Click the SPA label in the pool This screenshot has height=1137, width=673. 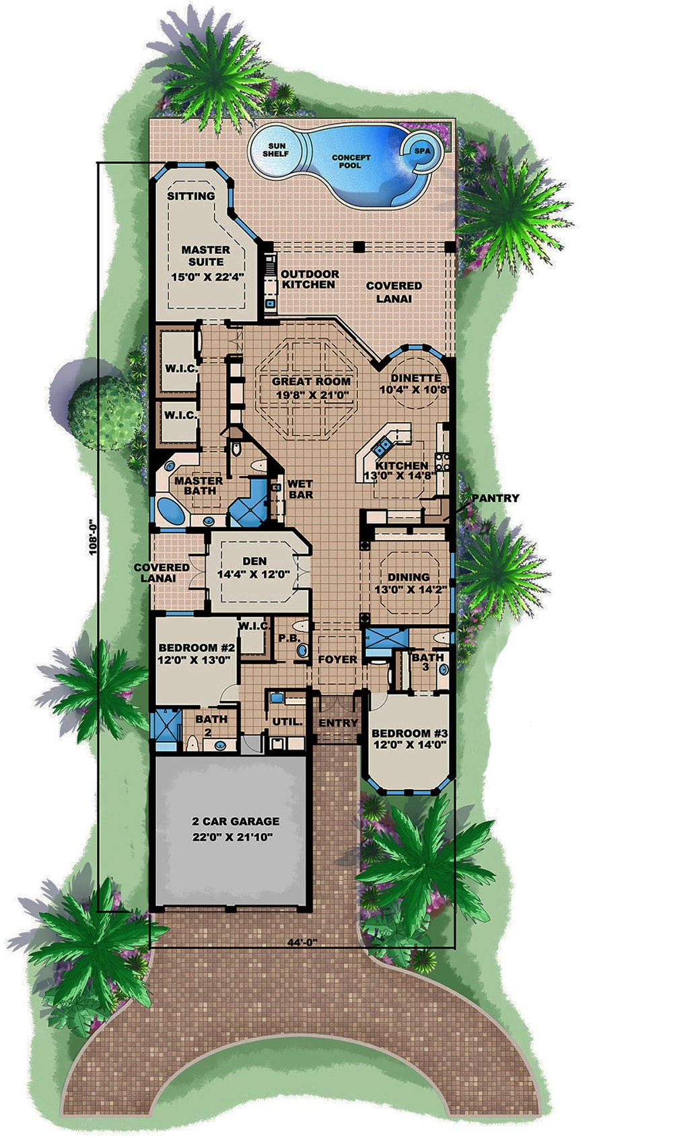[422, 151]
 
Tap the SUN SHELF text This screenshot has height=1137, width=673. [277, 149]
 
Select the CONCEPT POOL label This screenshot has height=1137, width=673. [350, 162]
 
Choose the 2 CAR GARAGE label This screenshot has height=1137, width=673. [236, 821]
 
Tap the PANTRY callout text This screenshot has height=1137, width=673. [495, 498]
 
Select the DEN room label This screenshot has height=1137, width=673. [254, 561]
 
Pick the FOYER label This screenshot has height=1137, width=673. [337, 659]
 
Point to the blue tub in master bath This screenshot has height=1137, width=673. [172, 509]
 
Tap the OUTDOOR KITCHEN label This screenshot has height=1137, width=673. [310, 279]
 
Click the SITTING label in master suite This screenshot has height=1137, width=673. [191, 196]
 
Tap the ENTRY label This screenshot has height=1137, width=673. [338, 723]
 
